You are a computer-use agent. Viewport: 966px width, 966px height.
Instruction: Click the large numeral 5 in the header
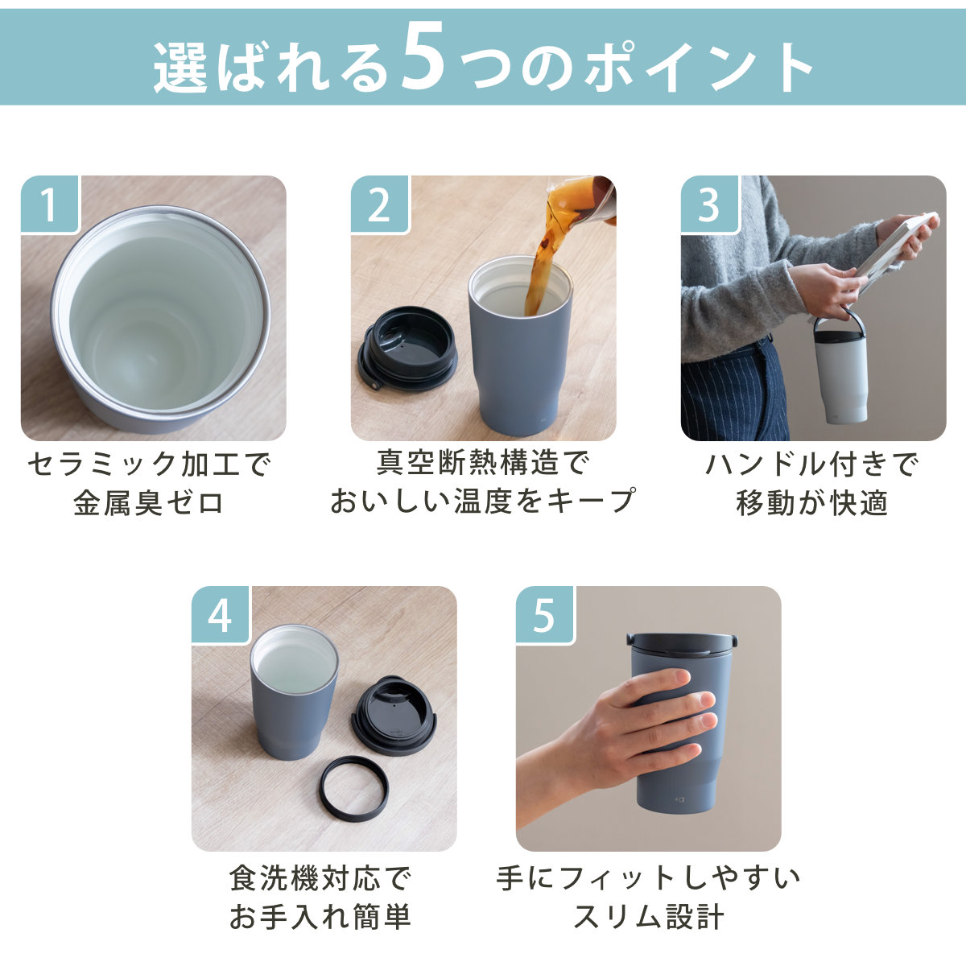click(423, 59)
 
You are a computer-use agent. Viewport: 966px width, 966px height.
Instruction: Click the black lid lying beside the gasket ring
click(394, 715)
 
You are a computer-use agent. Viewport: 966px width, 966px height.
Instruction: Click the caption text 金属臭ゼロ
click(148, 503)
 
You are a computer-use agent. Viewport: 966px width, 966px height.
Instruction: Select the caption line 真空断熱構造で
click(483, 464)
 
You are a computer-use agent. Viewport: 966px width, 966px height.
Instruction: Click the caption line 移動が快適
click(812, 503)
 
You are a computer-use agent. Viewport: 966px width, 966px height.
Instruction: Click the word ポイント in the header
click(698, 68)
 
